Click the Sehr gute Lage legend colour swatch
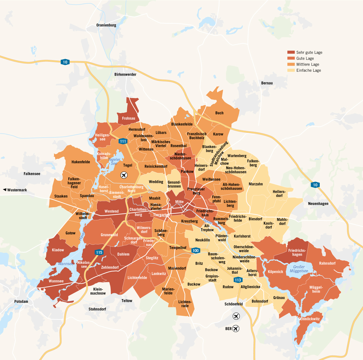291,52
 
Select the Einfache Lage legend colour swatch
291,70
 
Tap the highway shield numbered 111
123,141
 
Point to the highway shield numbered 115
99,252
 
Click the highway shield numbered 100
196,250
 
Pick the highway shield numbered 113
238,280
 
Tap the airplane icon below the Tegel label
124,175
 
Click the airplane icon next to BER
236,329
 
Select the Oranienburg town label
106,25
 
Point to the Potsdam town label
21,301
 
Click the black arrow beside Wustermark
5,190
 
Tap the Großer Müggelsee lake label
299,269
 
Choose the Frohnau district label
129,118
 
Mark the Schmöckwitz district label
309,319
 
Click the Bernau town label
267,83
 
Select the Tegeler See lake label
114,162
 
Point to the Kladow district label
58,250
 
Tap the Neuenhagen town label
318,204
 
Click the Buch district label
219,113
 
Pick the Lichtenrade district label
185,304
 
